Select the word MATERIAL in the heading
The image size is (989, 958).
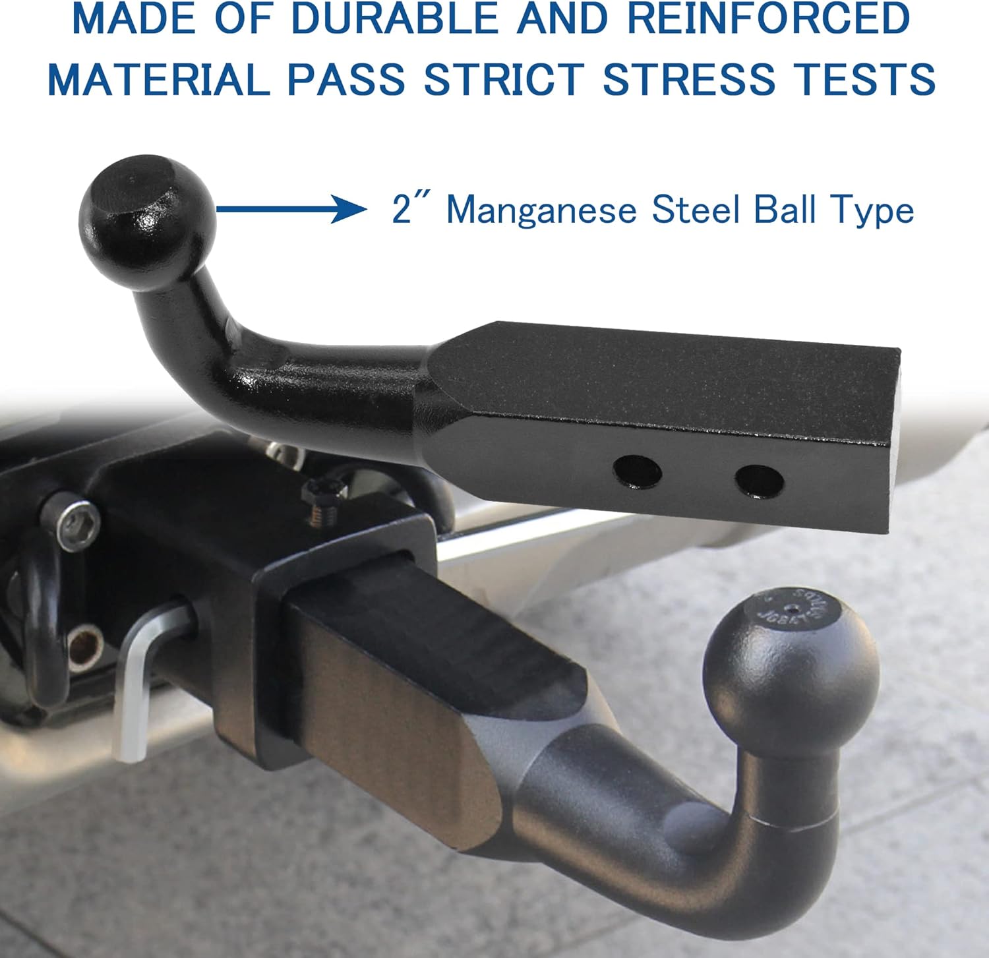(x=158, y=79)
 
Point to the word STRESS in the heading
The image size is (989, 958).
(x=688, y=79)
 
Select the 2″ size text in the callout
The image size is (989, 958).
(x=410, y=210)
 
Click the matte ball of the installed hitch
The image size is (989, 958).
(x=791, y=666)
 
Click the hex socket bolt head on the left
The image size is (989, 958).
(x=78, y=525)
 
